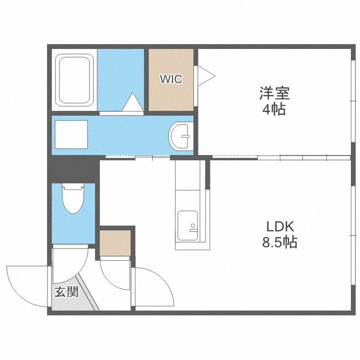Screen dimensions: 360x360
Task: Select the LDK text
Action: pyautogui.click(x=280, y=226)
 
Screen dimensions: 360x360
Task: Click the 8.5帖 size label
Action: pyautogui.click(x=279, y=242)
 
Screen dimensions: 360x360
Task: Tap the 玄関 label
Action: pyautogui.click(x=66, y=291)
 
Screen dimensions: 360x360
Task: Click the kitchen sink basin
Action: pyautogui.click(x=188, y=226)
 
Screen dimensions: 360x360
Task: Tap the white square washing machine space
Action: pyautogui.click(x=71, y=134)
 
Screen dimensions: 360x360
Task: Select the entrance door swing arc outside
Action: pyautogui.click(x=24, y=283)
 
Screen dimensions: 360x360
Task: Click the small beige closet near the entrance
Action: pyautogui.click(x=115, y=243)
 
